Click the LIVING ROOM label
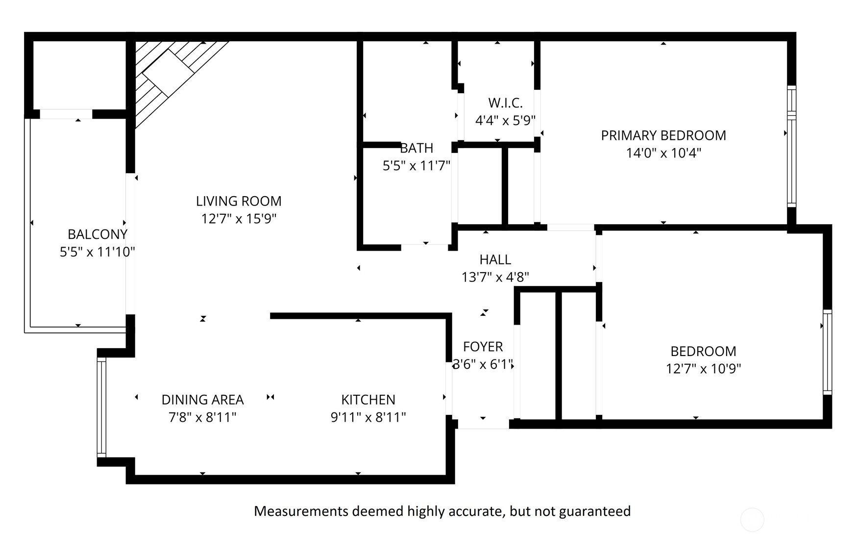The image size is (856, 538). coord(239,201)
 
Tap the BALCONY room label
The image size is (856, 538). coord(98,234)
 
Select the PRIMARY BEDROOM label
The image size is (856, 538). coord(663,135)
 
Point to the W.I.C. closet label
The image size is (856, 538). coord(505,103)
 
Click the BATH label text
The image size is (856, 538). coord(416,148)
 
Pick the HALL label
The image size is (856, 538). coord(495,259)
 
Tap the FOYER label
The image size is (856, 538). coord(483,347)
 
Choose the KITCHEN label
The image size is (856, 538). coord(368,400)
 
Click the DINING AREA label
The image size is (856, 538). coord(203,400)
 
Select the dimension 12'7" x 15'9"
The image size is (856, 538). coord(239,219)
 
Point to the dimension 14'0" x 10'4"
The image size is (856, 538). coord(663,153)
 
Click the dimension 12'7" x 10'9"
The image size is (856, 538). coord(703,368)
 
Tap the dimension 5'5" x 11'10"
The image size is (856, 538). coord(98,252)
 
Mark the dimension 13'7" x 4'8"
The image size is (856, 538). coord(495,277)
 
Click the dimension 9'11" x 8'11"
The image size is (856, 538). coord(368,417)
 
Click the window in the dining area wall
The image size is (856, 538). coord(101,407)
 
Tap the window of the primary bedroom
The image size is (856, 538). coord(791,146)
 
